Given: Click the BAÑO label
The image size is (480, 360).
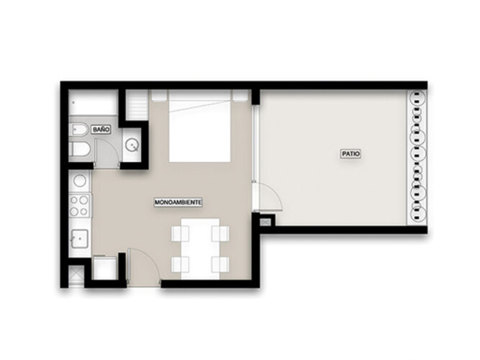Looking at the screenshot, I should [101, 129].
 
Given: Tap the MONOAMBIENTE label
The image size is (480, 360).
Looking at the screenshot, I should [178, 203].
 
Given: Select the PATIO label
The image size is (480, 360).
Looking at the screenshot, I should [350, 153].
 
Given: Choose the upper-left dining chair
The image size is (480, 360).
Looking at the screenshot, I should [178, 234].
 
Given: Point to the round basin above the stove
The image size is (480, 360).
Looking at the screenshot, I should [81, 180].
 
